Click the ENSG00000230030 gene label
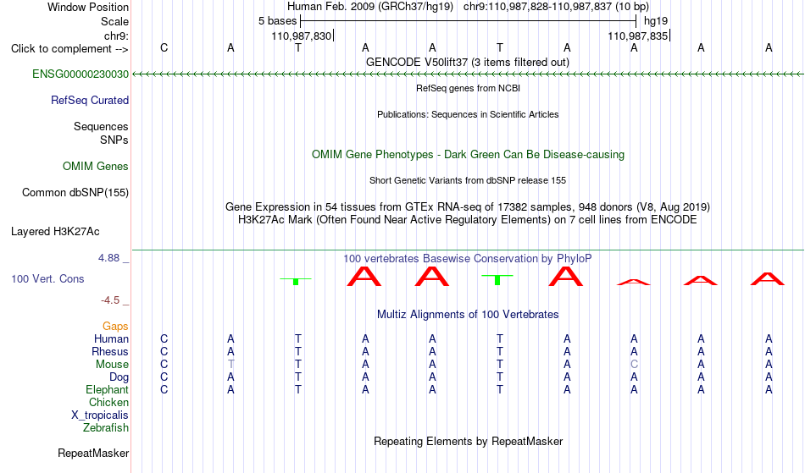coord(80,74)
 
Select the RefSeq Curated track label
coord(90,101)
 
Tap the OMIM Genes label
coord(96,167)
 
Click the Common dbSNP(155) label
coord(75,193)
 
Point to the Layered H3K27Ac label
coord(55,232)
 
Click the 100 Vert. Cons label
coord(47,278)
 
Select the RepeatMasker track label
coord(93,453)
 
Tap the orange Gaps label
coord(115,327)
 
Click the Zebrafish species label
coord(106,428)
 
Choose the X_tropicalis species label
coord(100,415)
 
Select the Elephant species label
coord(108,390)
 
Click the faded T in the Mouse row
coord(231,365)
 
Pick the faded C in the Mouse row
coord(634,365)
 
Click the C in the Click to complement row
coord(164,47)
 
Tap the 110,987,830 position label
coord(302,36)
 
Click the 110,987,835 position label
coord(637,36)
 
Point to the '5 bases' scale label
coord(277,21)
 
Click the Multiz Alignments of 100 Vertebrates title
coord(468,315)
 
